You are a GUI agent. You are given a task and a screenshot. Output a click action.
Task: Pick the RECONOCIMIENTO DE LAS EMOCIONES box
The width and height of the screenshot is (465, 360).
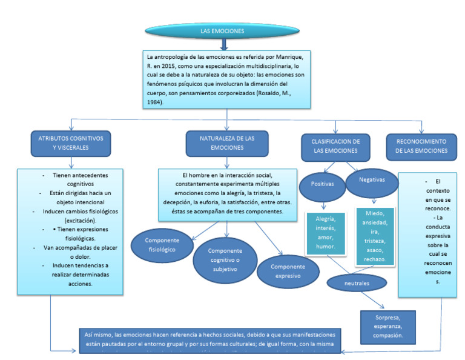[421, 146]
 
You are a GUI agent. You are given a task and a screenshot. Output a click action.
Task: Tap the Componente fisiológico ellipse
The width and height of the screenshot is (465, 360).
[160, 245]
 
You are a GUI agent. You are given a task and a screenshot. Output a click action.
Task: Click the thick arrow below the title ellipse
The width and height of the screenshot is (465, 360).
[224, 44]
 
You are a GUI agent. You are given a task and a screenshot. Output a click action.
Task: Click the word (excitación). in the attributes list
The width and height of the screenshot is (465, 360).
[70, 221]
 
